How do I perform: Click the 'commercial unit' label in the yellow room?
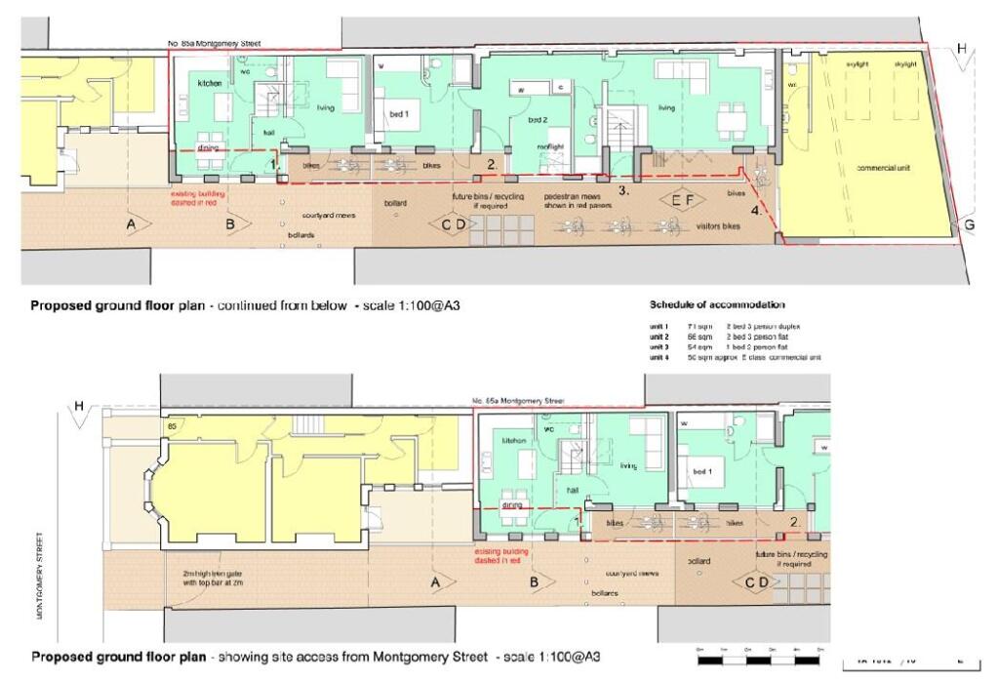coord(883,168)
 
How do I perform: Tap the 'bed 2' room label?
coord(538,120)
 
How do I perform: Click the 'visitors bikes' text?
coord(716,225)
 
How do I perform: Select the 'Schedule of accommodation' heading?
coord(717,305)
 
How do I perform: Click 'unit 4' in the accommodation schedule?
coord(659,358)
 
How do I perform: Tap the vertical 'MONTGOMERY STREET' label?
coord(40,575)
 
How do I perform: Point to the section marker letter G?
coord(969,225)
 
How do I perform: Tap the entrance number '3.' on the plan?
coord(624,191)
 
